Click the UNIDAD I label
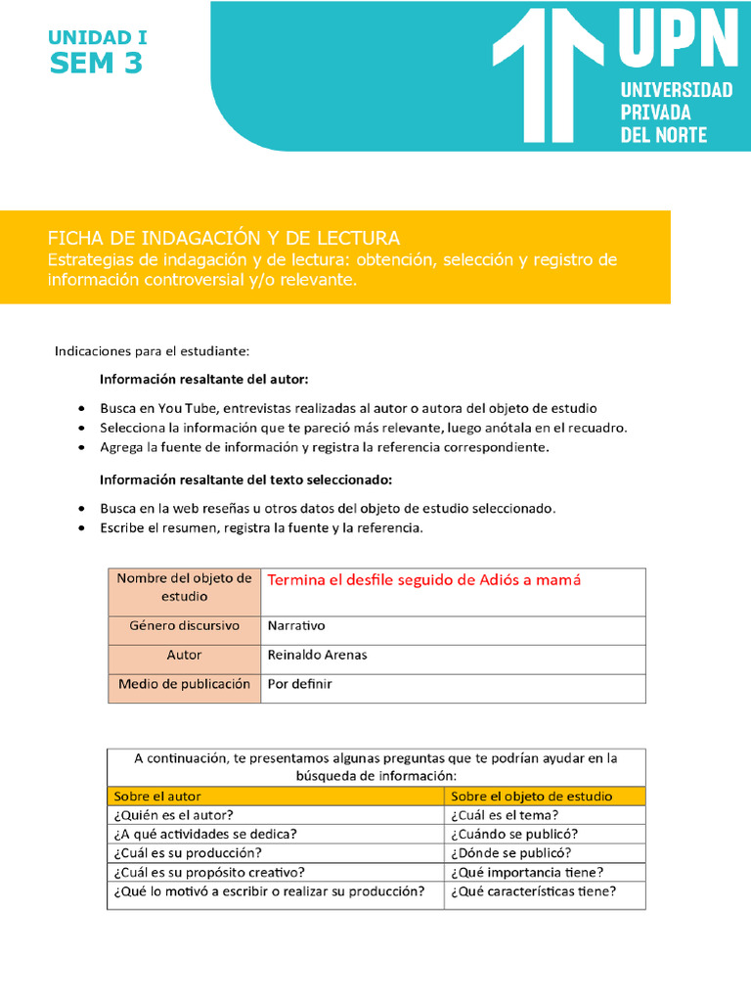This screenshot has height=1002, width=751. [x=98, y=38]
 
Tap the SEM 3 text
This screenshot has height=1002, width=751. [x=97, y=65]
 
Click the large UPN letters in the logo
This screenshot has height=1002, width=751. [x=677, y=40]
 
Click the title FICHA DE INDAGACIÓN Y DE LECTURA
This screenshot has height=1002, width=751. [x=224, y=238]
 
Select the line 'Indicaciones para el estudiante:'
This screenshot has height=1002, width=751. [x=152, y=349]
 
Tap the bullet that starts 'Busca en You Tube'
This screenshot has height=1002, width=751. [x=348, y=407]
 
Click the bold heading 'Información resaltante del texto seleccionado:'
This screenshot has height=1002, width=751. [x=245, y=479]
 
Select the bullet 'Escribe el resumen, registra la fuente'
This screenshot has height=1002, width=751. [x=261, y=527]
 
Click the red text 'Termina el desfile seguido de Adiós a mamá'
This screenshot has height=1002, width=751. [x=424, y=580]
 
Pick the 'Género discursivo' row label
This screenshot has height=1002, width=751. [x=184, y=625]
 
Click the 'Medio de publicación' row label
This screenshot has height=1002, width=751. [x=184, y=684]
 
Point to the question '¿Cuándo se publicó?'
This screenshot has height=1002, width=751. [x=514, y=834]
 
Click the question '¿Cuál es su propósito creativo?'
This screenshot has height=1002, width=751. [x=209, y=872]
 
